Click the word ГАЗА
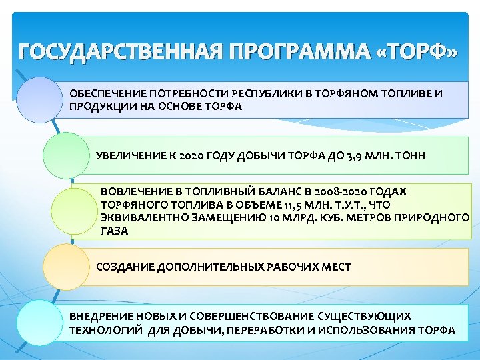pyautogui.click(x=114, y=231)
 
